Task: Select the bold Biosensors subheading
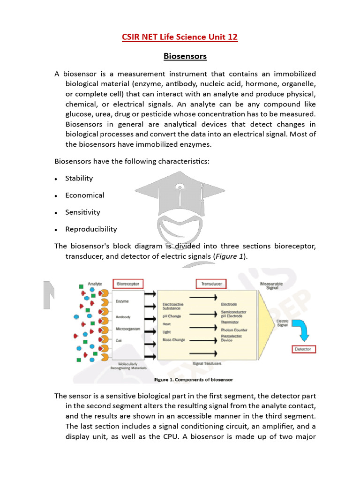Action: point(185,56)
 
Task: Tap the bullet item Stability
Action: point(79,178)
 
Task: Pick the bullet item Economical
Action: point(85,195)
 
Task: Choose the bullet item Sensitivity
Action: point(83,212)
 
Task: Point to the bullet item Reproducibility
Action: point(91,229)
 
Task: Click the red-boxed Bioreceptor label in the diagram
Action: point(128,284)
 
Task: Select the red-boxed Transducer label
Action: point(211,284)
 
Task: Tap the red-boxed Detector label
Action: point(303,349)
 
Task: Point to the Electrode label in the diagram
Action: point(229,304)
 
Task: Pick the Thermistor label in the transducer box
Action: point(231,322)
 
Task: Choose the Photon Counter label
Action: point(234,330)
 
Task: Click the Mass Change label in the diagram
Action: point(174,339)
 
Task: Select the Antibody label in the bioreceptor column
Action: point(123,317)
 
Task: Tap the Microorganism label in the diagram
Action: point(127,329)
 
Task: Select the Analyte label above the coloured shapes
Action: point(95,284)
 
